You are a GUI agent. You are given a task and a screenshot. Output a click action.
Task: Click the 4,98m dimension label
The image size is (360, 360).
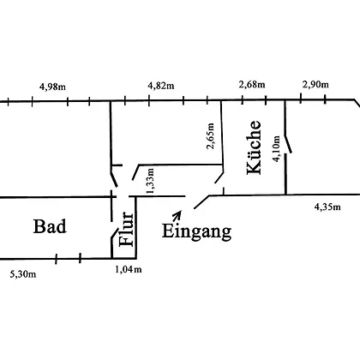tap(52, 87)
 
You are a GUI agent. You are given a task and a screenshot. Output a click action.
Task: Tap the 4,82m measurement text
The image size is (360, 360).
tap(161, 86)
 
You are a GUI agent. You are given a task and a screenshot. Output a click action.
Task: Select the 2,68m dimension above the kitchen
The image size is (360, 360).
tap(252, 85)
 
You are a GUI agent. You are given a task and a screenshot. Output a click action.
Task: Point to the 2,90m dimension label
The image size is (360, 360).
tap(315, 85)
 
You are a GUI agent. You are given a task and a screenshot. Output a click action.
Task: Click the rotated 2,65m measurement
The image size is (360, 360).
tap(211, 136)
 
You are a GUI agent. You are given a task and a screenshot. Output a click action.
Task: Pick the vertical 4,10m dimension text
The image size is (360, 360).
tap(276, 149)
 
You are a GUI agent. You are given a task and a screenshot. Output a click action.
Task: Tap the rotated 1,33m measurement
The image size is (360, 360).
tap(150, 181)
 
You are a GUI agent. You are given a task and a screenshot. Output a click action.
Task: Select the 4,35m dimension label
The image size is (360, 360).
tap(327, 207)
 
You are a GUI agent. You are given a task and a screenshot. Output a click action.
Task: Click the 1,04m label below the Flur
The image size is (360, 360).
tap(129, 269)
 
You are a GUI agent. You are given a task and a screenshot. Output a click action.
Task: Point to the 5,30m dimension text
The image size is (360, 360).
tap(23, 274)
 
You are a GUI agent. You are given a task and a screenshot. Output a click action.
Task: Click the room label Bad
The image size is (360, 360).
tap(50, 226)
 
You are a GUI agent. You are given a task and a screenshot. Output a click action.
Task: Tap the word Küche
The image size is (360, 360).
tap(254, 147)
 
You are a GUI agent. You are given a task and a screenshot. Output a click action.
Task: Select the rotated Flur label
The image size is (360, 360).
tap(126, 229)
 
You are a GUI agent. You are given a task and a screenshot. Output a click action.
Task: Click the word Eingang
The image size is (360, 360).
tap(196, 231)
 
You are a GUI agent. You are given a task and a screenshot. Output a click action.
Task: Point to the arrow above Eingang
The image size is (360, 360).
tap(177, 216)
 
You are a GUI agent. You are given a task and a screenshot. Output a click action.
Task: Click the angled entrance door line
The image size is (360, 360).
tap(201, 202)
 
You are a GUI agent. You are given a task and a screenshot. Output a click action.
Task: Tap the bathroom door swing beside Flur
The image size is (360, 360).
tap(115, 233)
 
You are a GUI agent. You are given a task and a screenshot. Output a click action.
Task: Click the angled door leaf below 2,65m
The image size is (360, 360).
tap(219, 177)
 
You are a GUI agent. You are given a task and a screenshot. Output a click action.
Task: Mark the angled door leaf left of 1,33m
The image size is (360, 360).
tap(135, 172)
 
